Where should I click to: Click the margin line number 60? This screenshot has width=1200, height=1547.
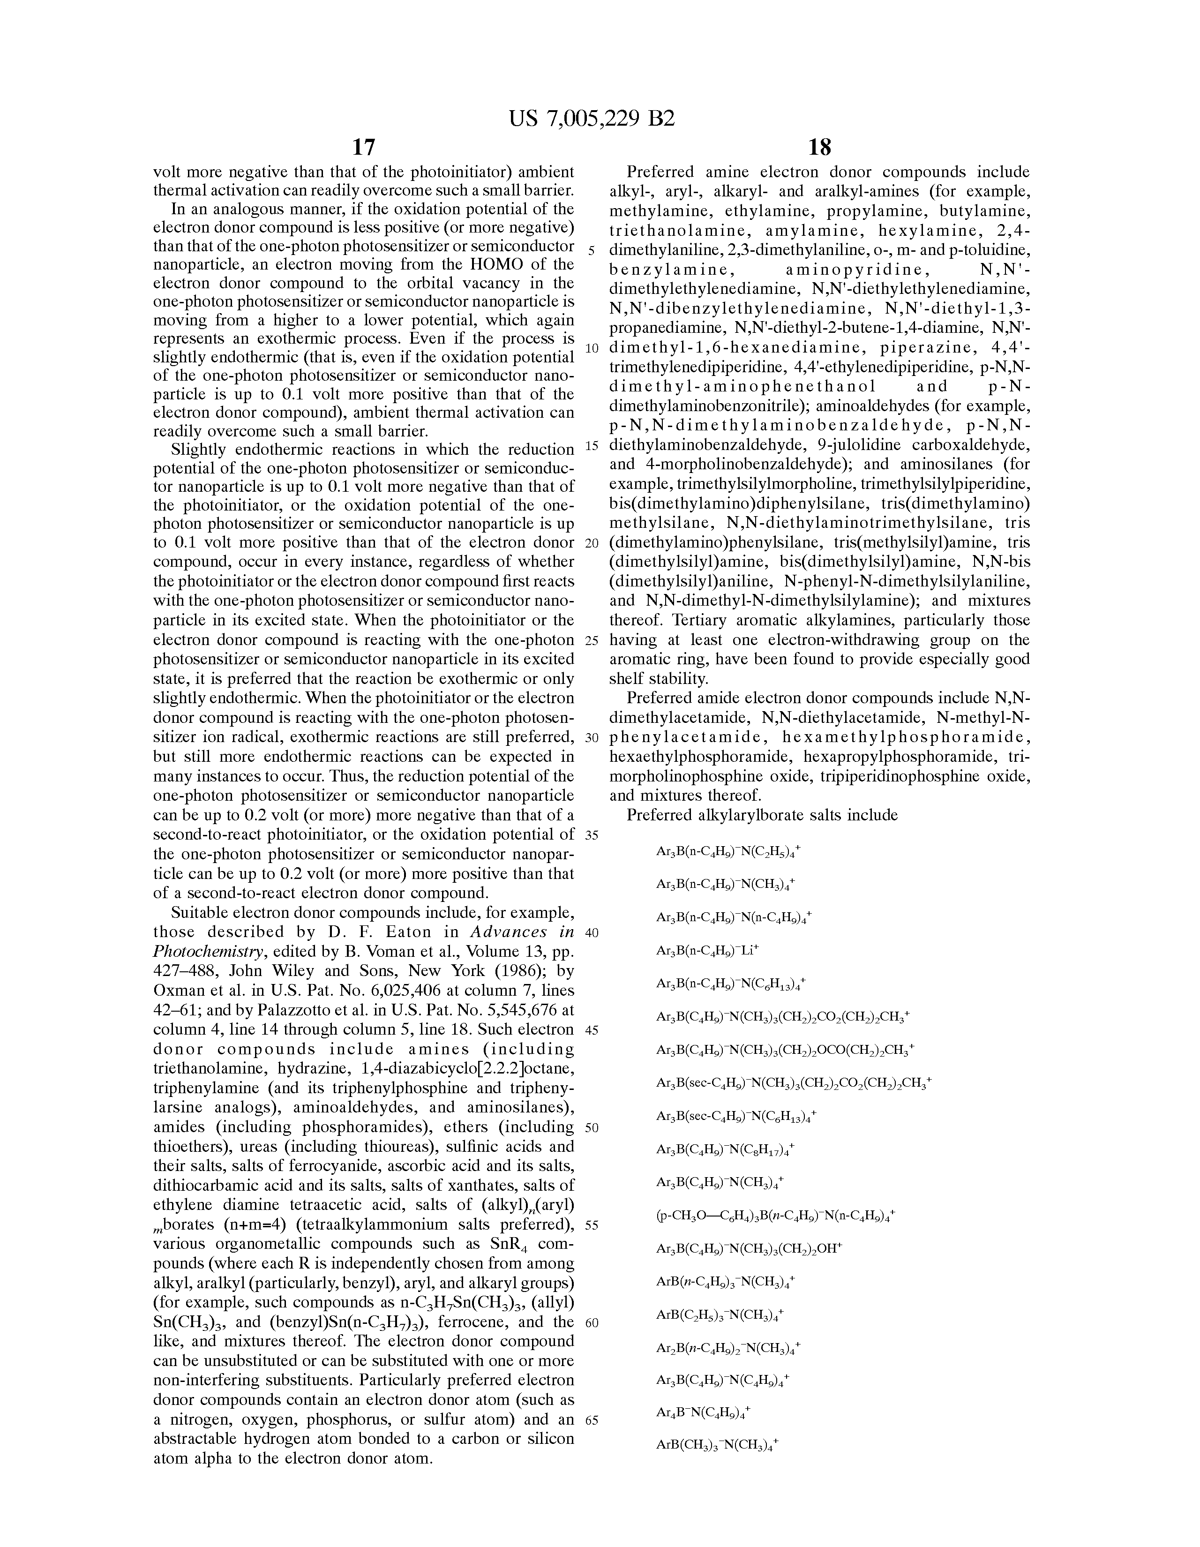[592, 1322]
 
